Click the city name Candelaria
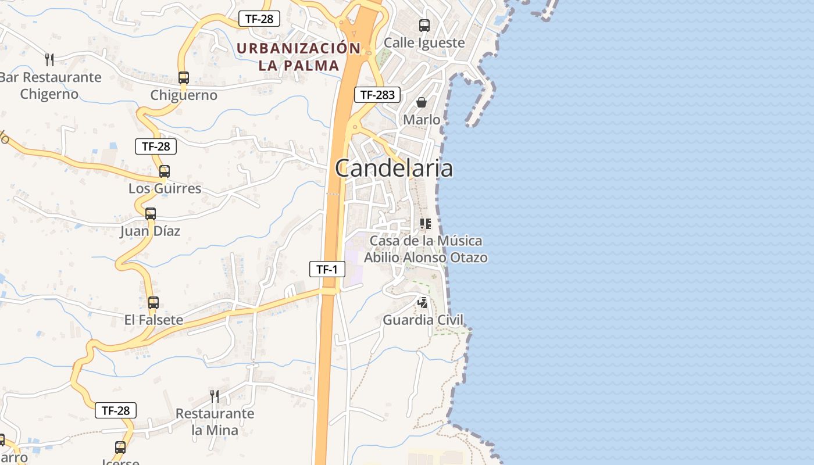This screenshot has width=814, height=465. [x=394, y=169]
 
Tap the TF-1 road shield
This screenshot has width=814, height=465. [x=327, y=269]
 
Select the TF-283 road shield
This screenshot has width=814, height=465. [x=377, y=95]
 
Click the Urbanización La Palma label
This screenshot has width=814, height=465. [x=299, y=56]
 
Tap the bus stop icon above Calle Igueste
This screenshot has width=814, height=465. [x=424, y=25]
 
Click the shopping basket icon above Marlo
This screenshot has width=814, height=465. [x=422, y=102]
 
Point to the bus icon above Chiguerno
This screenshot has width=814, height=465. [x=184, y=77]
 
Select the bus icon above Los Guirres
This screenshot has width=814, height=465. [x=165, y=171]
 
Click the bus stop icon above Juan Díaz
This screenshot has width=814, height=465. [x=151, y=213]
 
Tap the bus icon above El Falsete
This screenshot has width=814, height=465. [x=153, y=302]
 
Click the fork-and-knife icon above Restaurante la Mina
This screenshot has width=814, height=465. [x=215, y=396]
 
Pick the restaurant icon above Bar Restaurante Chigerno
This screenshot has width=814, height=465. [x=49, y=59]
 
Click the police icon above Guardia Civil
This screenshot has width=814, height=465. [x=423, y=302]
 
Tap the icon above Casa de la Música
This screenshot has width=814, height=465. [x=426, y=223]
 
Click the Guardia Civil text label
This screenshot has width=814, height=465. [x=423, y=320]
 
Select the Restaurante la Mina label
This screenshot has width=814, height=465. [x=215, y=422]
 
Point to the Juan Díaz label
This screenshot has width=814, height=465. [x=150, y=231]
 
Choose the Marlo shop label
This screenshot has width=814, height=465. [x=422, y=120]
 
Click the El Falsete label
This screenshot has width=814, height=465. [x=153, y=320]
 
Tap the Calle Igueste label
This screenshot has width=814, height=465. [x=424, y=43]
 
